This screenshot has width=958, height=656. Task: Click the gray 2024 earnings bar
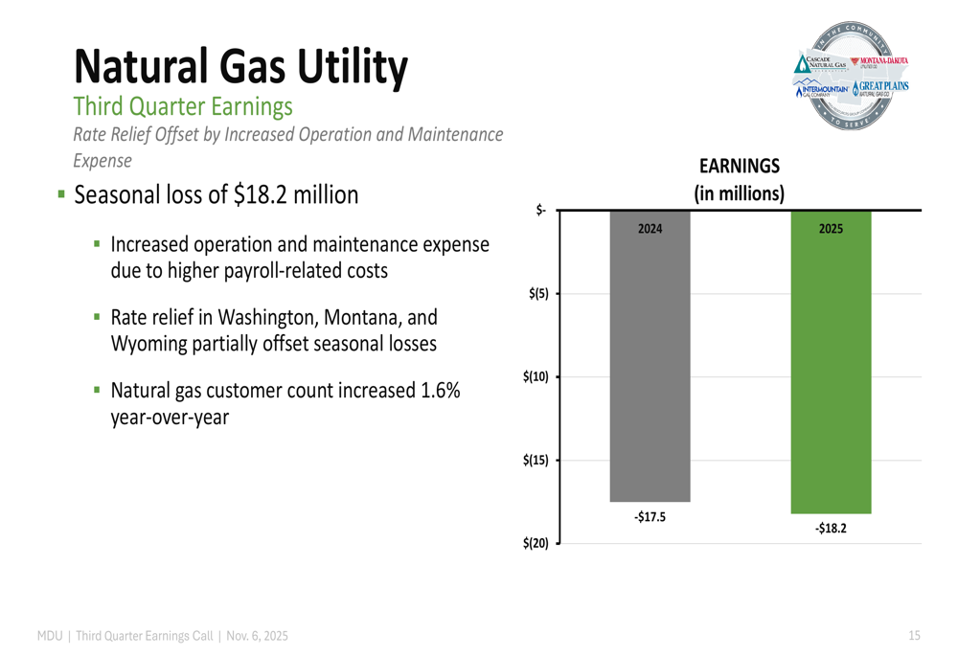[x=650, y=364]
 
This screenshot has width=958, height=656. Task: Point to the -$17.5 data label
[x=650, y=517]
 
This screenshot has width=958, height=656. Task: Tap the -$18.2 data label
[x=831, y=528]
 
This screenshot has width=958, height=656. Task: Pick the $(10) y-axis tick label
[x=536, y=376]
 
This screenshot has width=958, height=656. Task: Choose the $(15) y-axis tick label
[x=536, y=461]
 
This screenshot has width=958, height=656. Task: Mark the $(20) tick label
[x=536, y=544]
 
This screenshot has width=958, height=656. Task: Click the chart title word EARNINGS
[x=739, y=167]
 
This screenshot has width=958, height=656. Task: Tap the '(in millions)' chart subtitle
[x=739, y=192]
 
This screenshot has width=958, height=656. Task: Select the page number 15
[x=914, y=636]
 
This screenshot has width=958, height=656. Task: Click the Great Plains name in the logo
[x=883, y=87]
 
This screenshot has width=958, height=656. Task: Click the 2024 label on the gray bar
[x=650, y=229]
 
